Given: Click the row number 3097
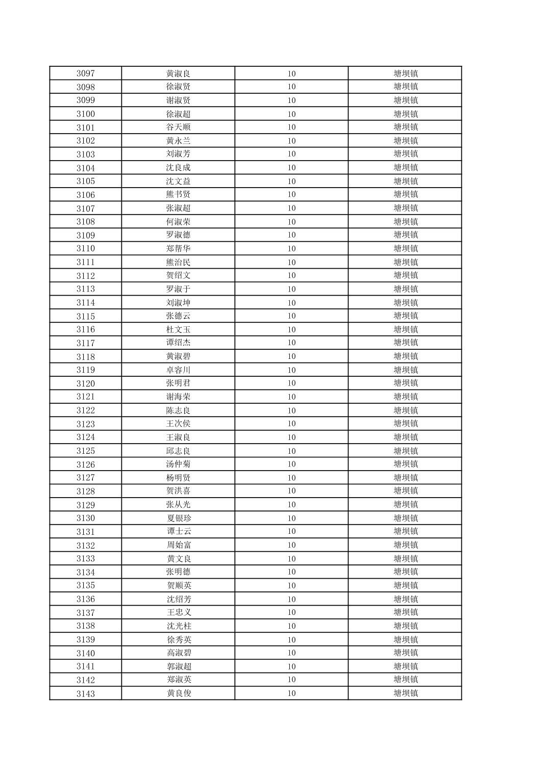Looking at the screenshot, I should (86, 73).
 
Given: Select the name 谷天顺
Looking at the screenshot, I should (178, 127).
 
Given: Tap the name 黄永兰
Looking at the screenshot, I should (178, 141).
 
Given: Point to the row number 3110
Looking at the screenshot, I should (86, 248).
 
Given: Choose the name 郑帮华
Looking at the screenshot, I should (178, 248).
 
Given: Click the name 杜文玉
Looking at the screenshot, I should (178, 329).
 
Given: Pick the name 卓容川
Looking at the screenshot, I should (178, 370).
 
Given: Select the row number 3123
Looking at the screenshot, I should (86, 424).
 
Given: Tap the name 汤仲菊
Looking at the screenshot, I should (178, 464).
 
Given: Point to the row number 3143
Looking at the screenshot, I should (86, 693).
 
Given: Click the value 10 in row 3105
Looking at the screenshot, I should (291, 181).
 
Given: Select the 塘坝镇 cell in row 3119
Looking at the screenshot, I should (406, 370).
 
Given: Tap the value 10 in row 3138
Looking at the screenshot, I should (291, 626).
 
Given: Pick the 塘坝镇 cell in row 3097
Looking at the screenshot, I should (406, 73).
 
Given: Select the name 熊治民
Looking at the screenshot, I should (178, 262).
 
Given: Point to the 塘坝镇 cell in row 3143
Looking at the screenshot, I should (406, 693).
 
